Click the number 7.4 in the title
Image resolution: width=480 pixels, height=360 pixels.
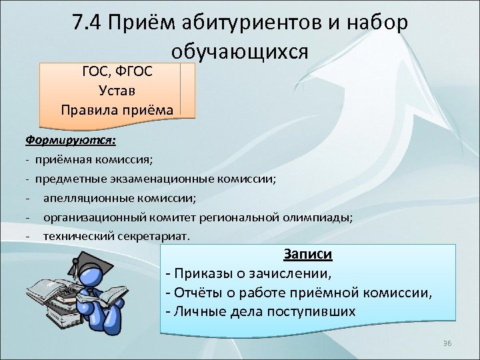[91, 23]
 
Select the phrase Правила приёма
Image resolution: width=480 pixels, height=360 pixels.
[117, 108]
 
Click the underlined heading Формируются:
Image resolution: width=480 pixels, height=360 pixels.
[70, 141]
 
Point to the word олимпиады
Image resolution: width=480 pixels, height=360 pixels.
[323, 217]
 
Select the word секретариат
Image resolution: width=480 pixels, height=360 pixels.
[152, 236]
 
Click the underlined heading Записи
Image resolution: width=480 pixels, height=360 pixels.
[308, 254]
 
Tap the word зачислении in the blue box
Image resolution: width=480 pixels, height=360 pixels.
[293, 273]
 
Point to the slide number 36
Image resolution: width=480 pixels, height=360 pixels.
[447, 343]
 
